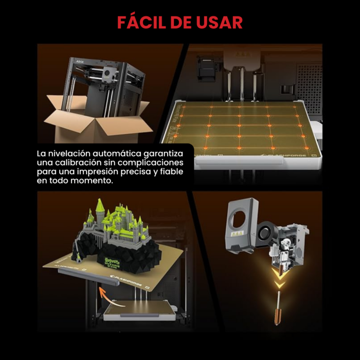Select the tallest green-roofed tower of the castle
tap(99, 208)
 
